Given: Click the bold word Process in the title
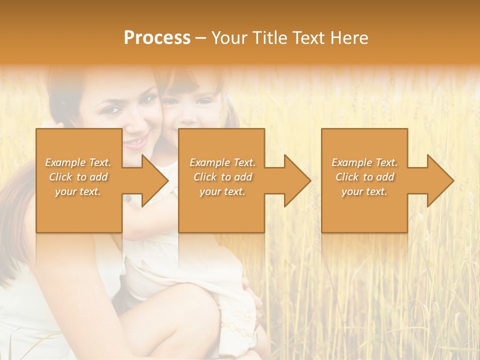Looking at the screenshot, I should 157,38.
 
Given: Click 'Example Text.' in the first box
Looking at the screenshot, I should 78,162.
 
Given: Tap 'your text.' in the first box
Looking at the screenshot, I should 78,191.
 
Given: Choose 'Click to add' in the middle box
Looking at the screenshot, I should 222,177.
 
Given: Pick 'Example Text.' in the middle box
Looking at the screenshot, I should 222,162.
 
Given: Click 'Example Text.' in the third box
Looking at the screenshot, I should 364,162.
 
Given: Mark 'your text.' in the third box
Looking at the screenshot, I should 364,191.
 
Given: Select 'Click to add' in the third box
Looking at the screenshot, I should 364,177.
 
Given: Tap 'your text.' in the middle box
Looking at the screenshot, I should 222,191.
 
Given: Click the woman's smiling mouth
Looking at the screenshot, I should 136,141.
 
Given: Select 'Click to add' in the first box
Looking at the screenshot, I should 78,177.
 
